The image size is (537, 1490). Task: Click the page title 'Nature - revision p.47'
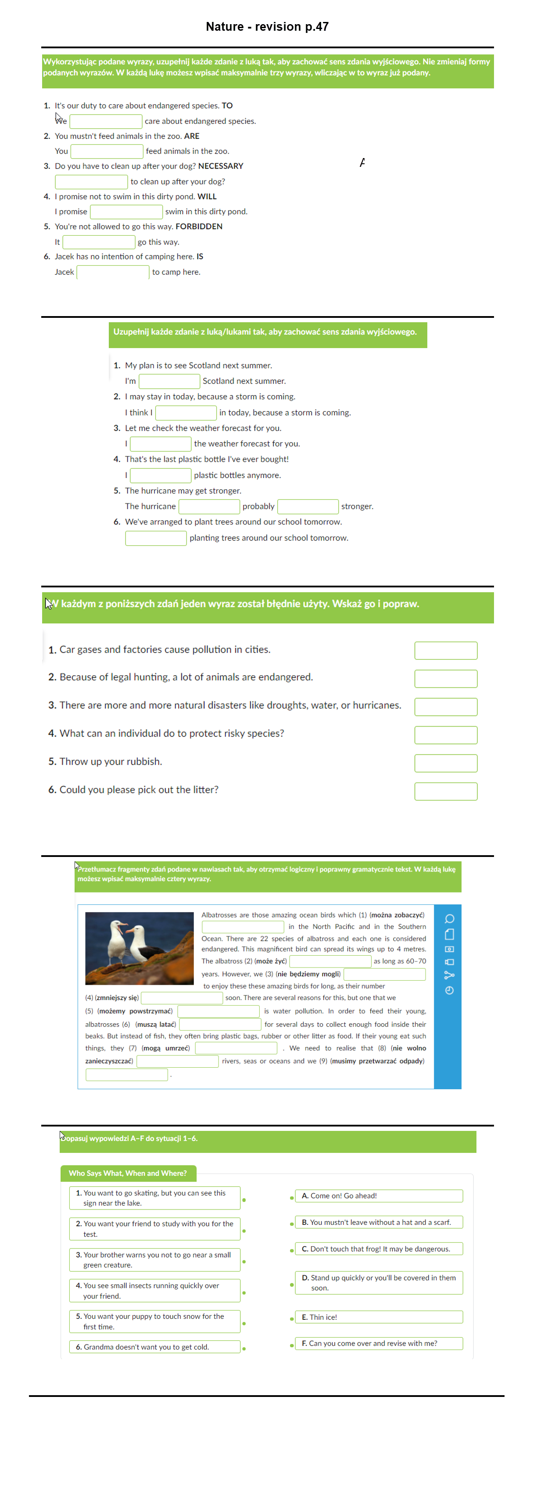[x=267, y=27]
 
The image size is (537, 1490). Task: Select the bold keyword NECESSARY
[x=220, y=166]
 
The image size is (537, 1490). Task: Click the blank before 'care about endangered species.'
[x=106, y=122]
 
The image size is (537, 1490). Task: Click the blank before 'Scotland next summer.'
[x=169, y=381]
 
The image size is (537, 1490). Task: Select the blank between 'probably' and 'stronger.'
[x=308, y=507]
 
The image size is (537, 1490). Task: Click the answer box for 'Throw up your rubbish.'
[x=445, y=763]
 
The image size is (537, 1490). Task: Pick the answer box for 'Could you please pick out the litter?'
[x=445, y=791]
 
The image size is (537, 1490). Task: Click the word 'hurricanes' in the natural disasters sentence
[x=376, y=705]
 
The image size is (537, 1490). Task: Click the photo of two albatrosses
[x=140, y=948]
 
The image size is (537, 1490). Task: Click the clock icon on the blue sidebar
[x=449, y=990]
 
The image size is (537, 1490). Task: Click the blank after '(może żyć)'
[x=330, y=961]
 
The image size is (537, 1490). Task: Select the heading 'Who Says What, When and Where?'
[x=128, y=1173]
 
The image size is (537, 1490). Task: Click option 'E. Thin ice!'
[x=379, y=1317]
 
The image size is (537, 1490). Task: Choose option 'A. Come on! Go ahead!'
[x=379, y=1195]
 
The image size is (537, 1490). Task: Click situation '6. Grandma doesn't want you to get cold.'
[x=154, y=1346]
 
